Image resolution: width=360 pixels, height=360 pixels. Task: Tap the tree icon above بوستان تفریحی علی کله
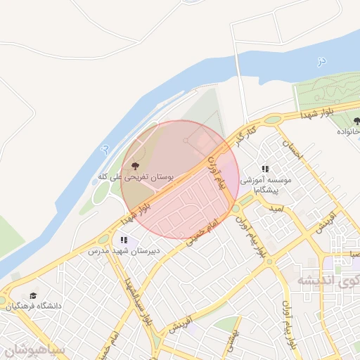point(135,167)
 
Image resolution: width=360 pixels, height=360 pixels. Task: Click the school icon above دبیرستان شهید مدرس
point(124,240)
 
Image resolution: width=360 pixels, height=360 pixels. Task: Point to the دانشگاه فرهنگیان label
point(34,307)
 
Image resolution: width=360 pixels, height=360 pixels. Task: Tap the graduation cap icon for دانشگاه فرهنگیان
point(32,297)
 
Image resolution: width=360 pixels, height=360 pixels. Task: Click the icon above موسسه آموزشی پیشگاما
point(265,169)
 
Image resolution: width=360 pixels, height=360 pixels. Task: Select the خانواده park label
point(348,132)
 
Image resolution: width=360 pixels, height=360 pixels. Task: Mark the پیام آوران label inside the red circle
point(216,173)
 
